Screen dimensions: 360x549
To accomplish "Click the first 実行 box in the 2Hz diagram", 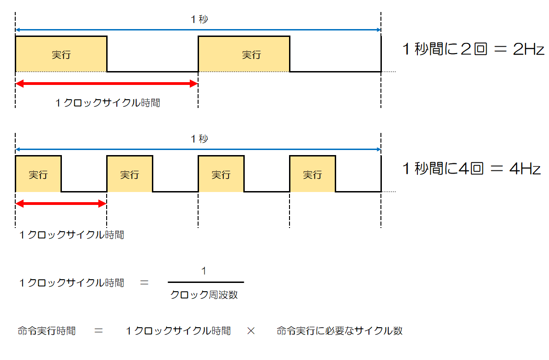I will (61, 54).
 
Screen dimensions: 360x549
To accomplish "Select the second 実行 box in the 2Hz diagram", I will (244, 54).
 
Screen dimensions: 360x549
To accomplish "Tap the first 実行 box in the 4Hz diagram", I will (38, 174).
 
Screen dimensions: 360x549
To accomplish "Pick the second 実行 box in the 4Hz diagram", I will (129, 174).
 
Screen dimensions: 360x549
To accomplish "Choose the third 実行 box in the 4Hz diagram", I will (221, 174).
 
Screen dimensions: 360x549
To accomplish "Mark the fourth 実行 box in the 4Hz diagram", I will (312, 174).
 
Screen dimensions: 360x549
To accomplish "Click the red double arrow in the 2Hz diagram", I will (107, 84).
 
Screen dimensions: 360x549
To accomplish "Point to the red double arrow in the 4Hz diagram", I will (61, 204).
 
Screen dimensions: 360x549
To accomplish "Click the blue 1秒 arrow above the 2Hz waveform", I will (198, 30).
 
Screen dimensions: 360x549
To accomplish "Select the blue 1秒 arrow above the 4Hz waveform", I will (198, 150).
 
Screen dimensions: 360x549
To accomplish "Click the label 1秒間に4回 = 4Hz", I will (471, 169).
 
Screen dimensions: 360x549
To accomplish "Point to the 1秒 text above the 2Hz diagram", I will (199, 19).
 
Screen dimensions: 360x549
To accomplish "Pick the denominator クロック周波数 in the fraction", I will (204, 294).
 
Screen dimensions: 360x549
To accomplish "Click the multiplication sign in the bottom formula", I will (251, 331).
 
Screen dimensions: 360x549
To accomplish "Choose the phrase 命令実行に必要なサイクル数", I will (339, 331).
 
